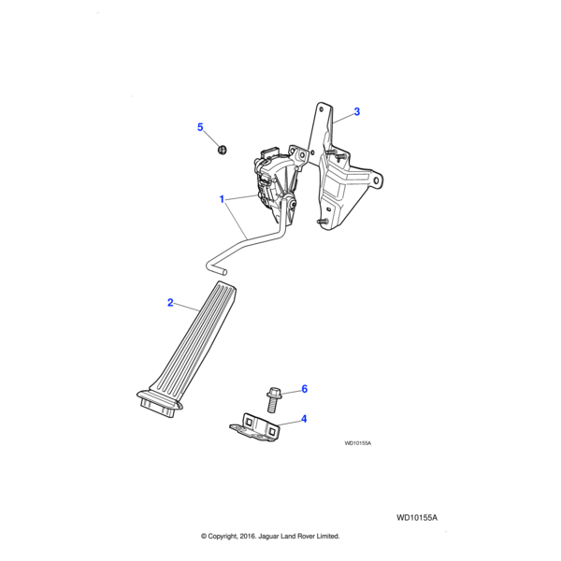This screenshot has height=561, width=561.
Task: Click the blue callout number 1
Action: coord(222,199)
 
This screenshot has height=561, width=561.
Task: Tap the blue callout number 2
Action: coord(170,303)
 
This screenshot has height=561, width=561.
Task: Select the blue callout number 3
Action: coord(357,111)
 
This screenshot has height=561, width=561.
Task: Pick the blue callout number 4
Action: coord(304,419)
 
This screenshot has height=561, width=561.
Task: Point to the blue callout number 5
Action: coord(200,127)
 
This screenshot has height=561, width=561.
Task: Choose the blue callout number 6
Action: coord(305,389)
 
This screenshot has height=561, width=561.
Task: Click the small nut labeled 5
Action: coord(223,149)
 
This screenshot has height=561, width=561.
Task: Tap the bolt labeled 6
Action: coord(273,399)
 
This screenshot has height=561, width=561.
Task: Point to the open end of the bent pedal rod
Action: coord(224,273)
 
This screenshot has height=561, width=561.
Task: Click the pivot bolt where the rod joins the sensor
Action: coord(293,205)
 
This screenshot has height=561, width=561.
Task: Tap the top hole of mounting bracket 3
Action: coord(321,108)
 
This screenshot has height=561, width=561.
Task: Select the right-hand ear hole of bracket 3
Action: coord(376,180)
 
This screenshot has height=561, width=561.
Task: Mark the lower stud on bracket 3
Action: coord(323,222)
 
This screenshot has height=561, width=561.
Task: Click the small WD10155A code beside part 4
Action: coord(358,443)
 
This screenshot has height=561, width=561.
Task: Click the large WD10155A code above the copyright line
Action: coord(417,518)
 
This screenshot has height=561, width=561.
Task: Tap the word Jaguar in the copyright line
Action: coord(268,537)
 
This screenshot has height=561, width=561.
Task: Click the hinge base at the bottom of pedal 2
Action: coord(160,402)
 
